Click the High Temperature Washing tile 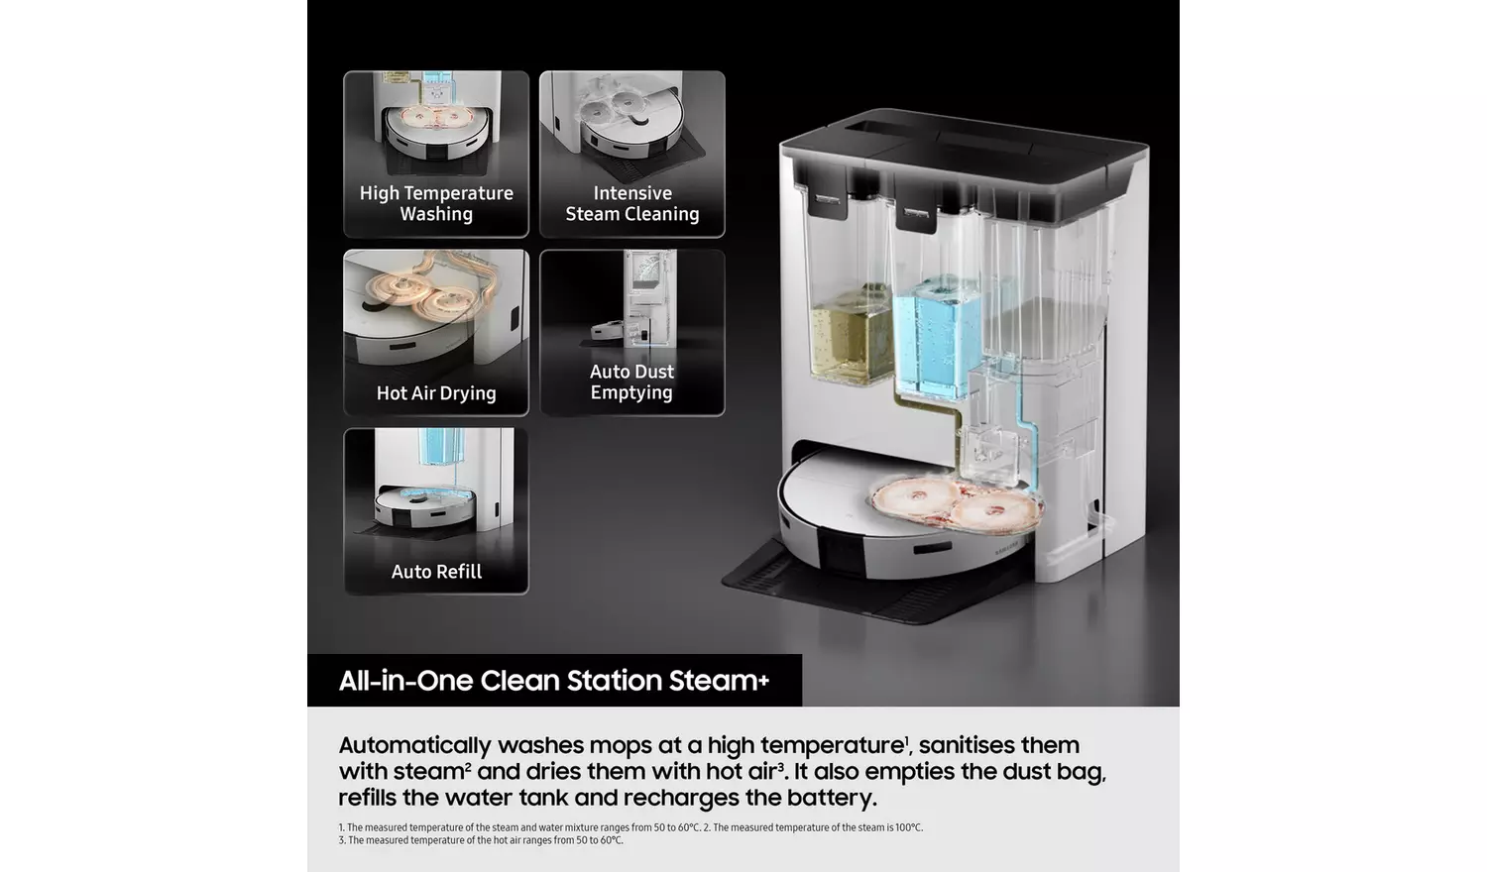coord(436,154)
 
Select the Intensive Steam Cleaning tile coord(632,154)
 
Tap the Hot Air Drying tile coord(436,333)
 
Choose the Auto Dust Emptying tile coord(632,333)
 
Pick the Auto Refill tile coord(436,511)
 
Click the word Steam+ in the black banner coord(719,680)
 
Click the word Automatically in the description coord(415,746)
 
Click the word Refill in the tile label coord(458,572)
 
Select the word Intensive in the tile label coord(632,193)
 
